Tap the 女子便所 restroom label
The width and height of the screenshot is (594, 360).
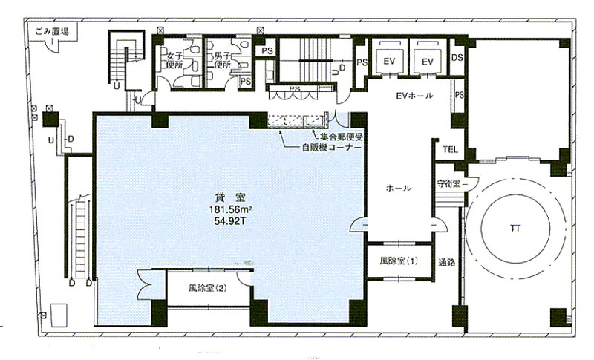[x=175, y=61]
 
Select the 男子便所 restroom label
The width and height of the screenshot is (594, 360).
[x=222, y=61]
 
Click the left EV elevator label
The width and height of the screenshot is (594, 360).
[x=389, y=61]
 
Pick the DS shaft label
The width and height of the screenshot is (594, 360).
[x=457, y=58]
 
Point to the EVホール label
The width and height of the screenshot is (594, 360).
[x=414, y=96]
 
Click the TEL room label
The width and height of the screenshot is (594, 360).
[x=450, y=149]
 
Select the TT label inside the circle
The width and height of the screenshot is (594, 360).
[x=515, y=229]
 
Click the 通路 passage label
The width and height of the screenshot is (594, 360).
[x=447, y=261]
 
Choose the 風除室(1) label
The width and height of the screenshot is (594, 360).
[x=399, y=261]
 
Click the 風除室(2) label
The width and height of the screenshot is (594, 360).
[x=207, y=288]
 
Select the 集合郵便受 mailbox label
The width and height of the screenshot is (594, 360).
[x=339, y=137]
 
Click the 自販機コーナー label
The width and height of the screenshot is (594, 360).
[x=331, y=147]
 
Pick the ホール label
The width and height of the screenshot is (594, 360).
[x=399, y=188]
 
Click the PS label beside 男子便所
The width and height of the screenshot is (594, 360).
[x=246, y=81]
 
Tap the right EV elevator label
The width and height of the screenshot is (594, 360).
[x=428, y=61]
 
